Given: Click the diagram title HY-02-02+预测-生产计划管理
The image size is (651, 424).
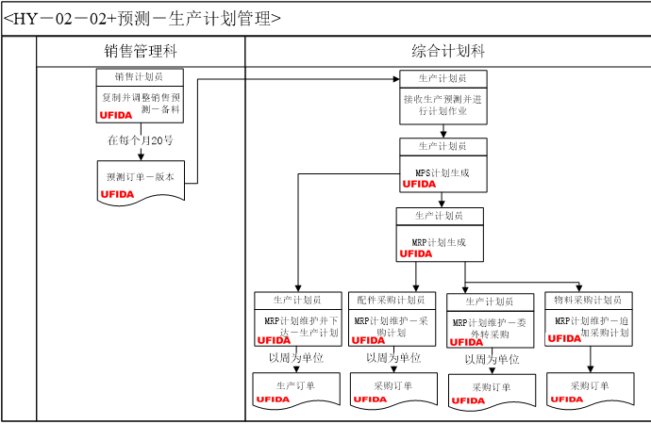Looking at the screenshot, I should [142, 18].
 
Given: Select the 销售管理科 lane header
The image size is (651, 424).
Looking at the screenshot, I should [141, 52].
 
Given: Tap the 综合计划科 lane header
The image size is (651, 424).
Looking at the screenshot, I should [448, 52].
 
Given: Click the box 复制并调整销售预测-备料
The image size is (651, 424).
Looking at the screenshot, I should [141, 103].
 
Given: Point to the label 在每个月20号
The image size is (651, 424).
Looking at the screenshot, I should [141, 140].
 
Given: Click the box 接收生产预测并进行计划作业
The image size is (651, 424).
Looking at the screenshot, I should [442, 104].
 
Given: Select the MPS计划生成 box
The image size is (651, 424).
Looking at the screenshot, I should [442, 172].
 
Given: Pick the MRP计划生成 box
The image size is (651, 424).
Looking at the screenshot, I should [440, 241].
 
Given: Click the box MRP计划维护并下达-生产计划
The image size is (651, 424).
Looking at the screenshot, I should [297, 326].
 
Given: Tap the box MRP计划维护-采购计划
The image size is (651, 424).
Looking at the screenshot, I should [392, 326].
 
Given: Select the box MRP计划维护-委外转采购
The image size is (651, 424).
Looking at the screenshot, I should [491, 327].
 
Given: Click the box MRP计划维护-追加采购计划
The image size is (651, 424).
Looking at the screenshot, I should [588, 326].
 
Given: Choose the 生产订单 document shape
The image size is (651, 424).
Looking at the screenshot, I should [296, 386].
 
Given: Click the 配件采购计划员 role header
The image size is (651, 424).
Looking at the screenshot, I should [392, 300].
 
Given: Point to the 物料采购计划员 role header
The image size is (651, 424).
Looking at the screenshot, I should [588, 300].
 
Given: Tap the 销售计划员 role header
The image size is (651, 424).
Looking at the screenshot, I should [141, 76].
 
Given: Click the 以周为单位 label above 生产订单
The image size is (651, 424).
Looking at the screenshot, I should [296, 358].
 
